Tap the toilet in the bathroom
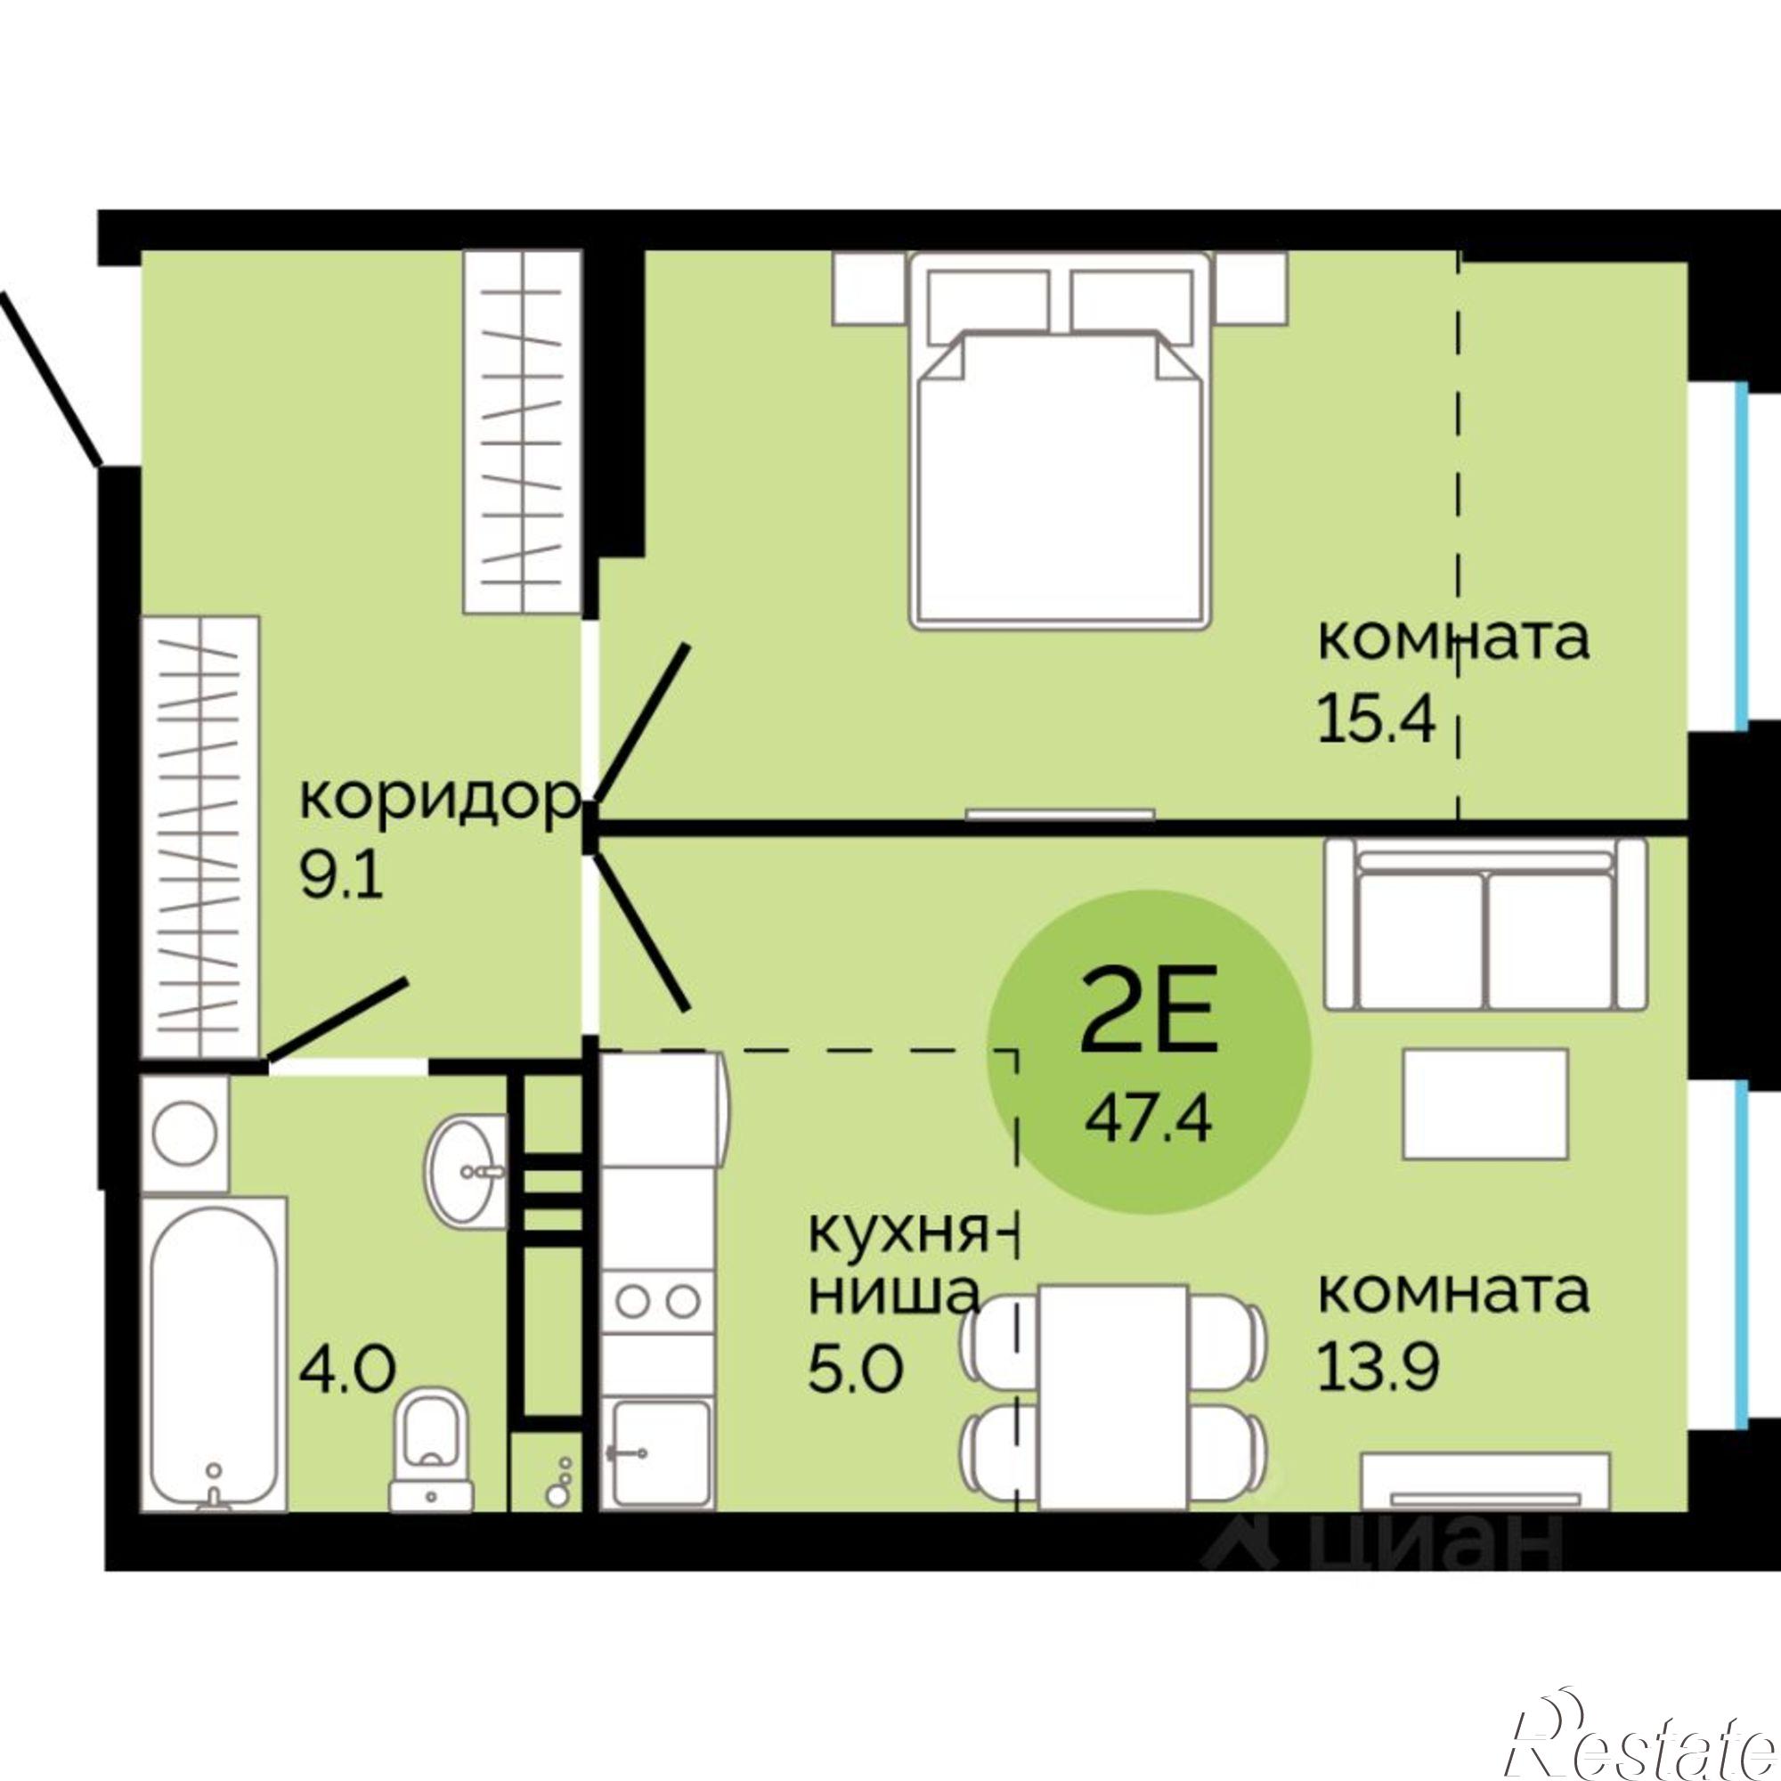tap(431, 1457)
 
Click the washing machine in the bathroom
tap(185, 1133)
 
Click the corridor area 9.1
tap(341, 875)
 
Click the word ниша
tap(893, 1294)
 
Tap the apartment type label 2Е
tap(1149, 1022)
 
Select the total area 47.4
tap(1149, 1121)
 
